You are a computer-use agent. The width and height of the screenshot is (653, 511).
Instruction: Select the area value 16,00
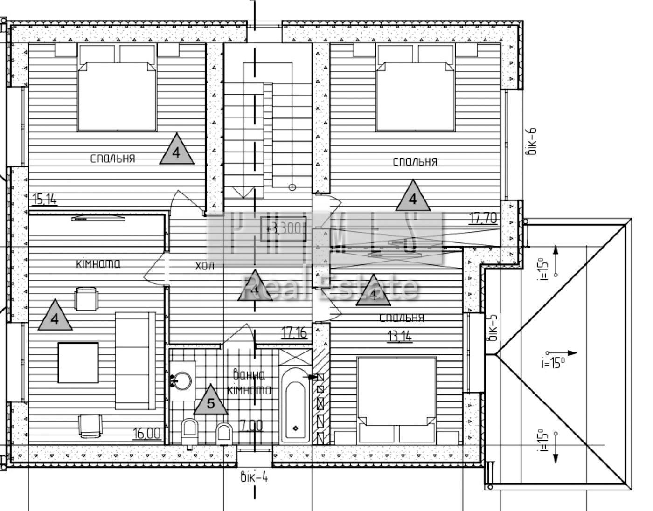(x=147, y=433)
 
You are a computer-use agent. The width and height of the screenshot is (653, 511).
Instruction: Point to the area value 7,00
(x=251, y=425)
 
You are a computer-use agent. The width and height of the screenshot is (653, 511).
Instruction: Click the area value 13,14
(x=400, y=336)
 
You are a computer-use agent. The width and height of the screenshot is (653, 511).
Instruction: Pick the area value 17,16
(x=294, y=332)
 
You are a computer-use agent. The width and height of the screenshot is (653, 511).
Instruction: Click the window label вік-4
(x=254, y=477)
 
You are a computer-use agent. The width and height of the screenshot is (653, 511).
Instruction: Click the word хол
(x=205, y=266)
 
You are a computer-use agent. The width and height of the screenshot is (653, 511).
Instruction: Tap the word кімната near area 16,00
(x=98, y=264)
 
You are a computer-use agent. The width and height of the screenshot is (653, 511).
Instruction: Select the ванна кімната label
(x=249, y=382)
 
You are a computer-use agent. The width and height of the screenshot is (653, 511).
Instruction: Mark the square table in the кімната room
(x=78, y=363)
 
